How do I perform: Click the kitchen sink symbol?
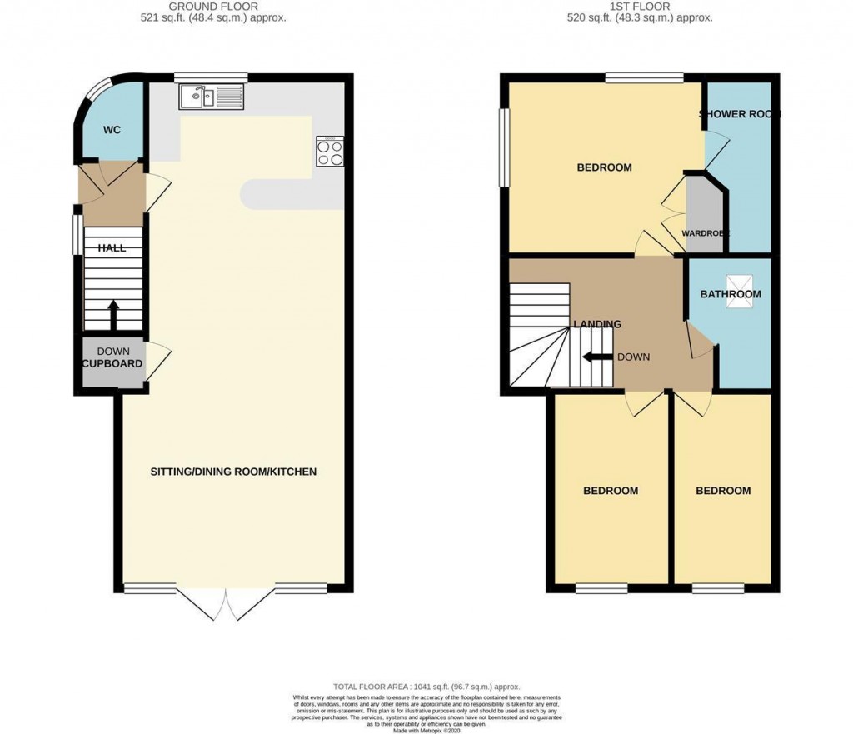[x=210, y=97]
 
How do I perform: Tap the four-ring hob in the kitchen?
[x=329, y=153]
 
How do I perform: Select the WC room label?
[x=112, y=131]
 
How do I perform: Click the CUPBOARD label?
[x=112, y=364]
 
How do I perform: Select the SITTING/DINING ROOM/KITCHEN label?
[x=233, y=472]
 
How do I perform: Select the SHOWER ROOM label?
[x=740, y=114]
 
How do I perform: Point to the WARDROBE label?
[x=706, y=233]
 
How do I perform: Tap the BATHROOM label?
[x=730, y=294]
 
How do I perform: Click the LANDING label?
[x=596, y=324]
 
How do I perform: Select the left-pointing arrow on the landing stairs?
[x=596, y=357]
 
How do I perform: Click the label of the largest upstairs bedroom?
[x=604, y=167]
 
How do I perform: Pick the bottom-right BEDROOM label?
[x=723, y=491]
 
